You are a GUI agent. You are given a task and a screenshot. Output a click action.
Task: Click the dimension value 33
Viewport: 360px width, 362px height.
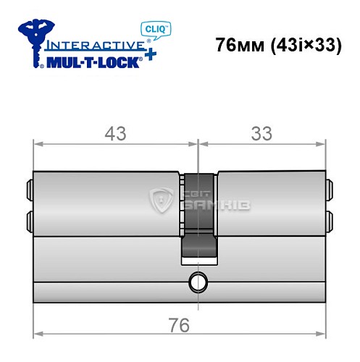(x=261, y=133)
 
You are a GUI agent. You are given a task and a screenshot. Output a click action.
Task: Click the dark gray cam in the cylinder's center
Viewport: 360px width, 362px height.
(x=198, y=217)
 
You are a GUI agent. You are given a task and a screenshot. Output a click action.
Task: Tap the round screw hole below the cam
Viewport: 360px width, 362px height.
(x=197, y=281)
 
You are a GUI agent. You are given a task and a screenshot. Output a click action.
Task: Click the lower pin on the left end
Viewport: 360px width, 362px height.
(x=30, y=219)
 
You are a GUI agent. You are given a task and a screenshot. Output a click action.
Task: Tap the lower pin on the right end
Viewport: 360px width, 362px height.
(x=330, y=219)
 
